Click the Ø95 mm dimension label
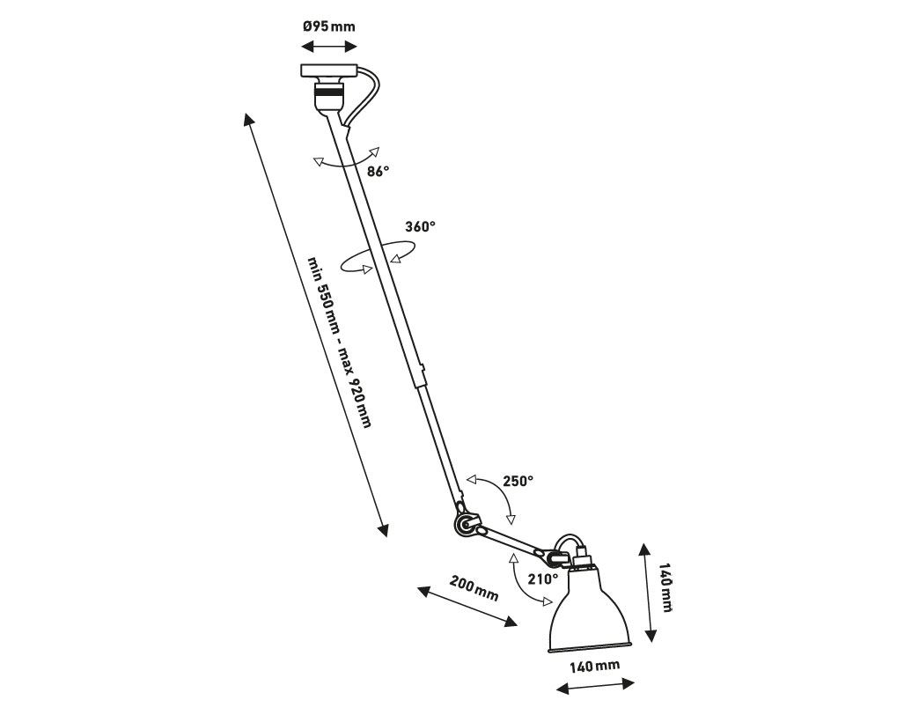pyautogui.click(x=329, y=26)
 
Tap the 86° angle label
pyautogui.click(x=378, y=171)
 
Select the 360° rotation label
pyautogui.click(x=420, y=226)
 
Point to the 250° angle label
pyautogui.click(x=518, y=481)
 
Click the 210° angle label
pyautogui.click(x=543, y=579)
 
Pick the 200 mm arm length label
pyautogui.click(x=474, y=588)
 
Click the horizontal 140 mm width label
pyautogui.click(x=595, y=665)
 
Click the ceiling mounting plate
pyautogui.click(x=329, y=71)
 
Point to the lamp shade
pyautogui.click(x=590, y=610)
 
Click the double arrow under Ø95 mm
pyautogui.click(x=329, y=47)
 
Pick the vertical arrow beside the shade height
pyautogui.click(x=647, y=593)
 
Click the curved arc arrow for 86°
pyautogui.click(x=346, y=161)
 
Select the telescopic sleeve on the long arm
pyautogui.click(x=419, y=376)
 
